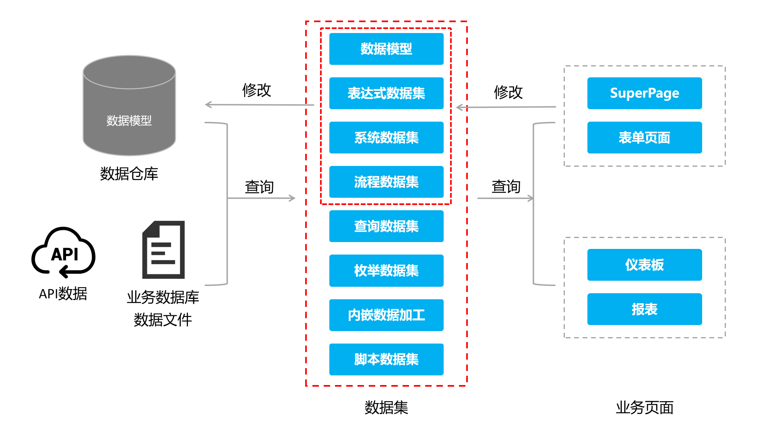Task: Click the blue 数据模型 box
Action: [x=386, y=49]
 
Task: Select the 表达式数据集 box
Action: [x=386, y=93]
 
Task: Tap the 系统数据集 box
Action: [x=386, y=137]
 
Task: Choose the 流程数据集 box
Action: [x=386, y=182]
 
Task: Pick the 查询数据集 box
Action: [x=386, y=226]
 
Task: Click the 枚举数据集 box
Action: [x=386, y=270]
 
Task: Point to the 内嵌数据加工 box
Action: [x=386, y=315]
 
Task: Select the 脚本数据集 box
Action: [x=386, y=359]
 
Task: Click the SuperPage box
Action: [x=644, y=93]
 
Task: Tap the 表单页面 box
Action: [x=644, y=137]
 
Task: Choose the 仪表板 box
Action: [x=644, y=265]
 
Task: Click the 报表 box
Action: [x=644, y=309]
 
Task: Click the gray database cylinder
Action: [x=129, y=106]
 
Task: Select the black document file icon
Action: [x=163, y=250]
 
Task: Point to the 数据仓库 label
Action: [x=129, y=174]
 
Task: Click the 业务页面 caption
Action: [x=644, y=408]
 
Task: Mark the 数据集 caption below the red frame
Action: [x=386, y=408]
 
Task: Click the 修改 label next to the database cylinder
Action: [x=256, y=90]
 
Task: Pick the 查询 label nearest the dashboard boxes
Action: [x=506, y=186]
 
